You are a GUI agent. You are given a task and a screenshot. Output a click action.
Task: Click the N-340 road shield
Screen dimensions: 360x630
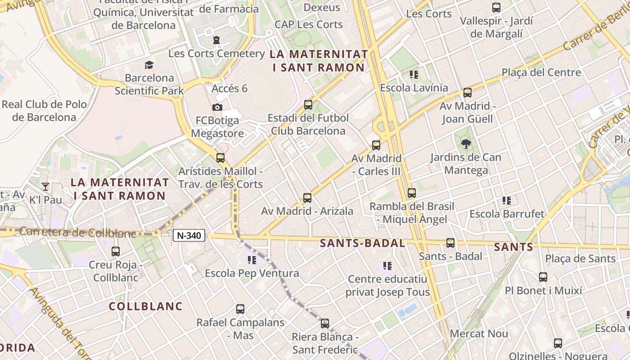[x=189, y=235]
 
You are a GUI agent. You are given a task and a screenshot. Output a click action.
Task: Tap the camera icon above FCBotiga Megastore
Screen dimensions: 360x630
[x=217, y=107]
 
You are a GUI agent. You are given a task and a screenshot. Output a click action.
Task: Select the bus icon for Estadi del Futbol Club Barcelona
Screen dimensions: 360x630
[x=308, y=105]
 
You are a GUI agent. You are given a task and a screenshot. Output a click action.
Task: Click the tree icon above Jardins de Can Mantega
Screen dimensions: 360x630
[x=466, y=144]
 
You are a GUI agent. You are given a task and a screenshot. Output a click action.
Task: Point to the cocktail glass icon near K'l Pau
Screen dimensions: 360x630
[x=45, y=186]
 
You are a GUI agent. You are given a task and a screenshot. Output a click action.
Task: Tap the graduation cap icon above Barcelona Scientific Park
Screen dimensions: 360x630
[x=149, y=65]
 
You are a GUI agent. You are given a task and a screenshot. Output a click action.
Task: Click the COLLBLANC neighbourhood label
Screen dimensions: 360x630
[x=146, y=306]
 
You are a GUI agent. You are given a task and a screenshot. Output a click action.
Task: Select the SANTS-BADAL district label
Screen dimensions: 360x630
[x=362, y=243]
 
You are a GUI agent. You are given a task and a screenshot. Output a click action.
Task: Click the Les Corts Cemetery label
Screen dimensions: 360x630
[x=216, y=54]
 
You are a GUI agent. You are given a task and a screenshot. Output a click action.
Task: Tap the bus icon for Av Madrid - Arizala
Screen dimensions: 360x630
[x=307, y=198]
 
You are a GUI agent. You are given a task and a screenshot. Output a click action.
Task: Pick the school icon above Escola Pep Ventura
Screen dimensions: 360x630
[x=252, y=260]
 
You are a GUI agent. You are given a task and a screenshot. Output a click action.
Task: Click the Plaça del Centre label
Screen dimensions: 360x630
[x=541, y=72]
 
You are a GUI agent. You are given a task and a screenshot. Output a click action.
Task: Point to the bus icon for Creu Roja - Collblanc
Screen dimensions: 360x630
[x=116, y=252]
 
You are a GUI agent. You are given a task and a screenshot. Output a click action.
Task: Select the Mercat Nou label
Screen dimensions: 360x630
[x=479, y=334]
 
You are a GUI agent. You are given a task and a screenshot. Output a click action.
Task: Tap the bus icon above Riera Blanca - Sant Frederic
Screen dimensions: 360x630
[x=325, y=323]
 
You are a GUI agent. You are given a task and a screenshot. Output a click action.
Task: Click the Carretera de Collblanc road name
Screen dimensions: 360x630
[x=77, y=233]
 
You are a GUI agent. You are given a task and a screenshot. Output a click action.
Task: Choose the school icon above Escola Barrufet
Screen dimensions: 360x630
[x=507, y=201]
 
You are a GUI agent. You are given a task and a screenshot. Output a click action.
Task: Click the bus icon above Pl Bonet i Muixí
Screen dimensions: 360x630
[x=543, y=277]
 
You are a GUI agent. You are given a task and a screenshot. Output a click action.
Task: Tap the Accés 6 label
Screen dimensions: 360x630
[x=229, y=88]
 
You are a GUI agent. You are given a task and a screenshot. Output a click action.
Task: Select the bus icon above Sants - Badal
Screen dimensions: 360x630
[x=450, y=243]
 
